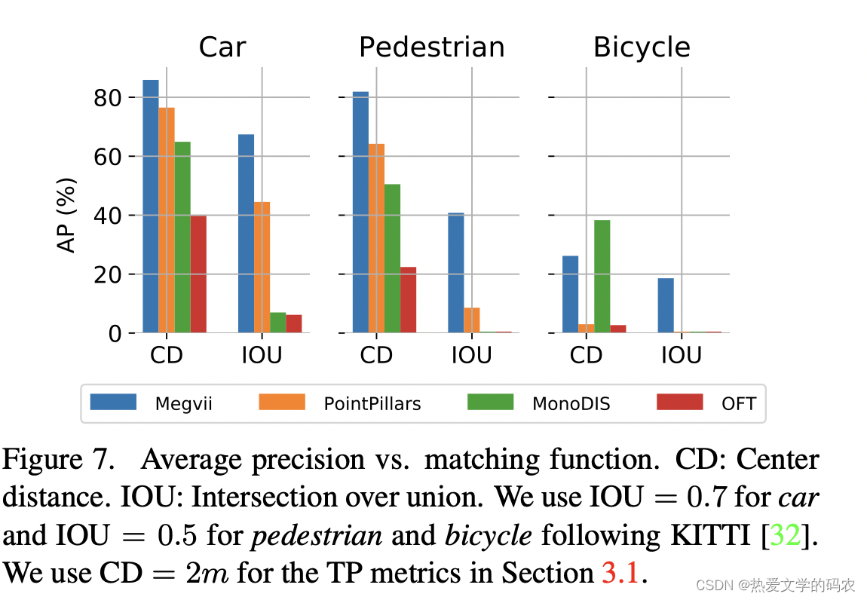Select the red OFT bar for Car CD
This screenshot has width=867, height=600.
point(198,274)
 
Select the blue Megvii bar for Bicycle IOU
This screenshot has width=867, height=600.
point(666,305)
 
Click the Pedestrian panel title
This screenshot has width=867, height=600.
point(431,47)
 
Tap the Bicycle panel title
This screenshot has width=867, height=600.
point(642,47)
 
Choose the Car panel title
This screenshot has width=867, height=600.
point(222,47)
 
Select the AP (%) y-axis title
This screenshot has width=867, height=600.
point(68,216)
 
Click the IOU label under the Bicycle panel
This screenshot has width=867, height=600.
point(682,355)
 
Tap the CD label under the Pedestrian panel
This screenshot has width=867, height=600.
point(376,355)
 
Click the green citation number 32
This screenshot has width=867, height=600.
point(786,535)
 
